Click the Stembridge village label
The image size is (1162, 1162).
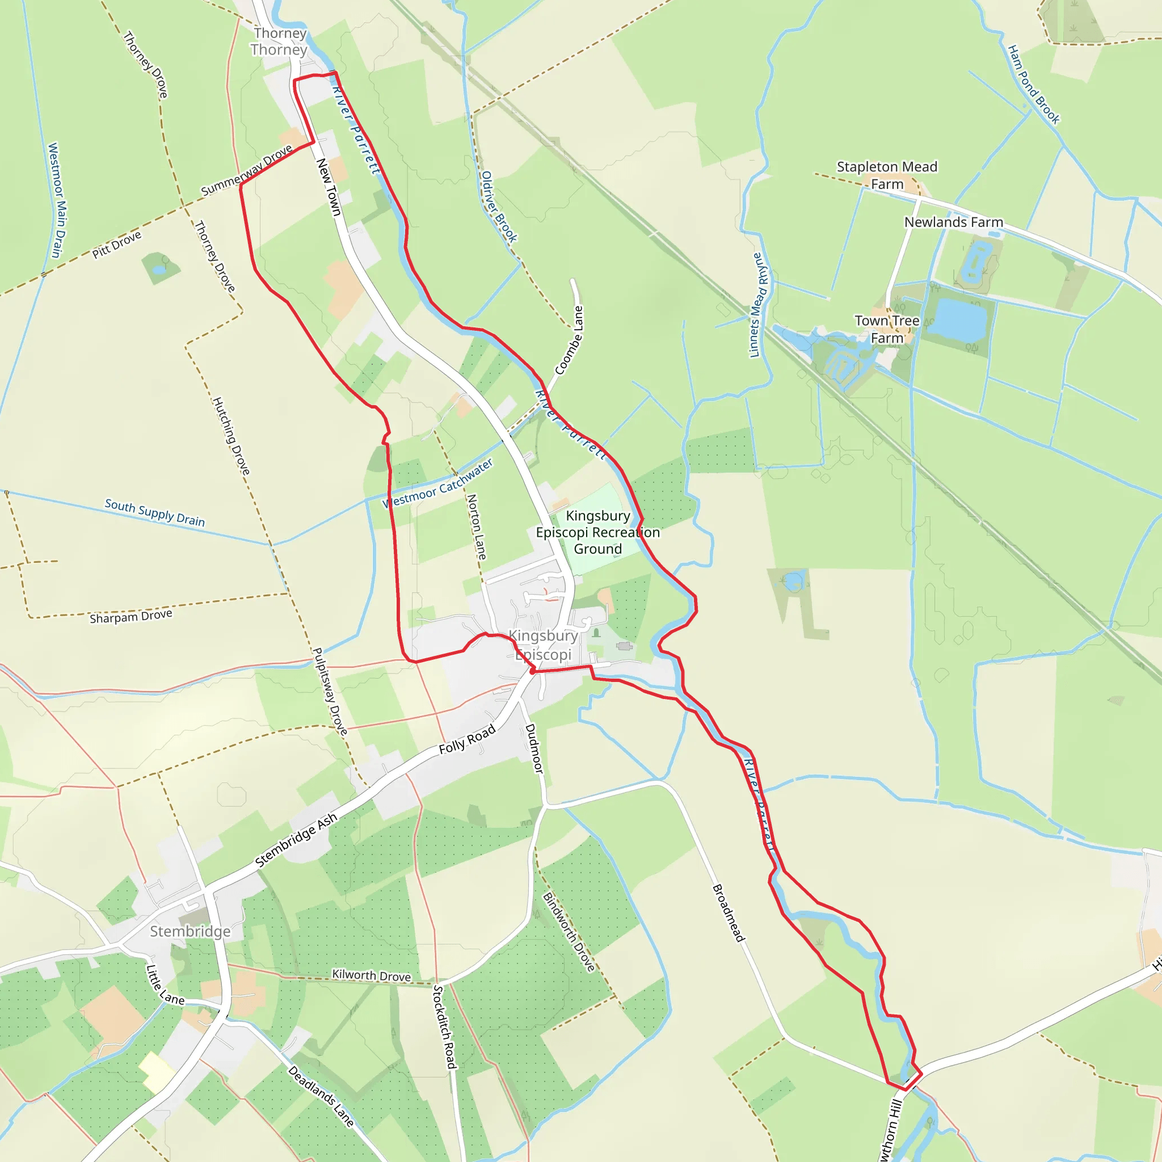(190, 931)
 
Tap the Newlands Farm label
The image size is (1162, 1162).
(953, 222)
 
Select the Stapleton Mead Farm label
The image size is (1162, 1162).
(887, 175)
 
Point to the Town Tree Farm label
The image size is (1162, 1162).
(887, 329)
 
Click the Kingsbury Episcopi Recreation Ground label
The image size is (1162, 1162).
(597, 532)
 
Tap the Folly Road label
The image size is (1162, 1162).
(467, 739)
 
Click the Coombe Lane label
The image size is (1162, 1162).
(569, 340)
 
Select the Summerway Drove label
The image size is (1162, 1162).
(247, 170)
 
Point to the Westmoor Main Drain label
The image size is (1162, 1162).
(56, 200)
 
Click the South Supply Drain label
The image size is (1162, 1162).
(154, 512)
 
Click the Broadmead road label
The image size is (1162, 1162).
(729, 913)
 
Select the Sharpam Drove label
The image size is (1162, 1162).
(130, 617)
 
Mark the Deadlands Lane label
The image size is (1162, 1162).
(321, 1095)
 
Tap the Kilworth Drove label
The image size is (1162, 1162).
(371, 975)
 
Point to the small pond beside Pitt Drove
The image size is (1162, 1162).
(159, 269)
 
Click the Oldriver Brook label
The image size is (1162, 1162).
(499, 207)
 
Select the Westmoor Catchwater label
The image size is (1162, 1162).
(438, 483)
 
